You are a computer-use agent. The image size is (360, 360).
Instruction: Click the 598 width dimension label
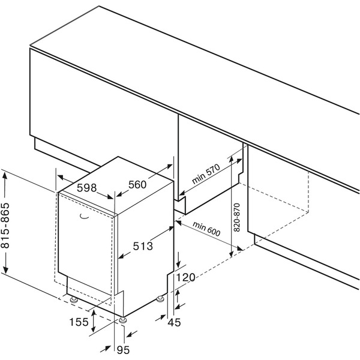[x=86, y=188]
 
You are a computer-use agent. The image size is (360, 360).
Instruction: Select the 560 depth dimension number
[x=137, y=185]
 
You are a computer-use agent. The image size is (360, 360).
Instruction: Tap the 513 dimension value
[x=143, y=247]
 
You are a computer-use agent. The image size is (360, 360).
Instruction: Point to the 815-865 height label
[x=5, y=226]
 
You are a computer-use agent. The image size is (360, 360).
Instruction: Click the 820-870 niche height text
[x=236, y=217]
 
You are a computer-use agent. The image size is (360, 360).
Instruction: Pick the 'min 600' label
[x=206, y=229]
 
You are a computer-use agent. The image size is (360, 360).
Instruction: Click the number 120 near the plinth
[x=185, y=278]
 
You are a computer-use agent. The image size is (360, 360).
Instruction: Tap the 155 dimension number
[x=79, y=322]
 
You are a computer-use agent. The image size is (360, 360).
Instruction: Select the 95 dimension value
[x=123, y=350]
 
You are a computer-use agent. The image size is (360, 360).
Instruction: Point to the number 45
[x=174, y=323]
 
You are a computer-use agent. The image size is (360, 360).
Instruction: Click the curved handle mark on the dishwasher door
[x=84, y=217]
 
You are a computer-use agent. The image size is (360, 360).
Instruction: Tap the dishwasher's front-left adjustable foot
[x=74, y=299]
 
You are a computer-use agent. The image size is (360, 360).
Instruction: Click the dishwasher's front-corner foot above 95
[x=123, y=320]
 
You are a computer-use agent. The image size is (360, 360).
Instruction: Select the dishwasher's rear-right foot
[x=160, y=299]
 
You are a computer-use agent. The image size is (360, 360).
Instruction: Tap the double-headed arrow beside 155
[x=93, y=321]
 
